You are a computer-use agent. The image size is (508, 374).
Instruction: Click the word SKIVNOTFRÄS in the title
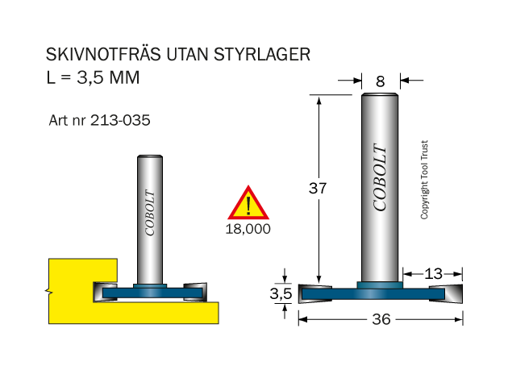103,54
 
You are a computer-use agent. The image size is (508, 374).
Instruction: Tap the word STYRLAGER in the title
262,54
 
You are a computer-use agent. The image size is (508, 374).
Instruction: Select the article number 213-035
120,120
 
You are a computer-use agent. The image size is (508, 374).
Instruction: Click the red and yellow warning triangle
248,202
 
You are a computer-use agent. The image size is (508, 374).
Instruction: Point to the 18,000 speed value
248,229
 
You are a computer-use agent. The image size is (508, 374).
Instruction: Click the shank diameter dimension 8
381,81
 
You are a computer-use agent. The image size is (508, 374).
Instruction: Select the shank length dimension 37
318,188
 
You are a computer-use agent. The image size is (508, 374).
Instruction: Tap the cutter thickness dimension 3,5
281,294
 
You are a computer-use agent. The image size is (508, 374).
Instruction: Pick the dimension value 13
433,274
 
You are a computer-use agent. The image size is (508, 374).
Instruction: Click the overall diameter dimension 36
381,320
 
